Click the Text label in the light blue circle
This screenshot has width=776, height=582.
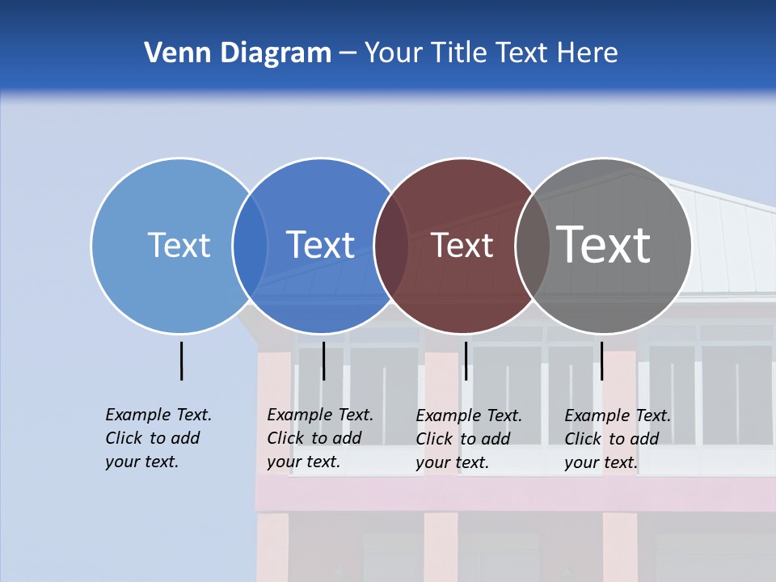click(179, 245)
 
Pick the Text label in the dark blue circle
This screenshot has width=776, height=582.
click(321, 245)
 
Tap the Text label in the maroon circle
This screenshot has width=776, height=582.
click(462, 246)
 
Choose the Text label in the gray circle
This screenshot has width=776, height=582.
click(604, 245)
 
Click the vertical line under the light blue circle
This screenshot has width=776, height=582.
click(181, 361)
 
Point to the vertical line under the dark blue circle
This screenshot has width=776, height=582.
click(323, 361)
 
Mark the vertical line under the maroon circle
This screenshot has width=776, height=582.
click(466, 361)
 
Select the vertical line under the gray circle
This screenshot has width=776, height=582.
click(601, 361)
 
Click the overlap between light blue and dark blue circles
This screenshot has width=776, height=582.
click(250, 246)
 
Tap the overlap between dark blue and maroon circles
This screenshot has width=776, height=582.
click(392, 246)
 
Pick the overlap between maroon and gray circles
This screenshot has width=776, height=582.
click(533, 246)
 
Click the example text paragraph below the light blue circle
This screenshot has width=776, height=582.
click(158, 438)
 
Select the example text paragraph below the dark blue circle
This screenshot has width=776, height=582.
click(320, 438)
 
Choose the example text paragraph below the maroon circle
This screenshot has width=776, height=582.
click(469, 439)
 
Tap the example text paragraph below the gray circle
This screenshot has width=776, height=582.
click(618, 439)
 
